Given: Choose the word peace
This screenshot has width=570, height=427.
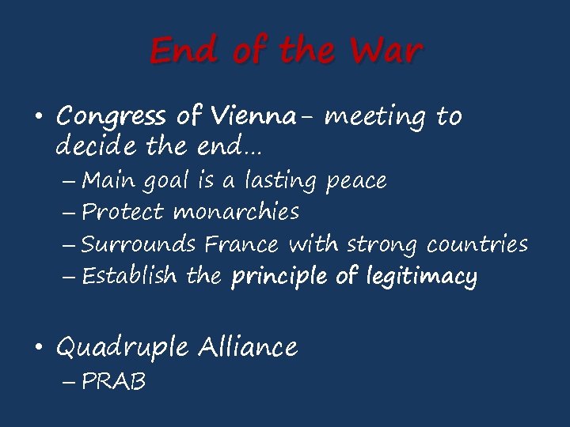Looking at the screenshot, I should pyautogui.click(x=356, y=182).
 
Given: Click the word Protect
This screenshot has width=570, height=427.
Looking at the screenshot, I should pyautogui.click(x=123, y=212).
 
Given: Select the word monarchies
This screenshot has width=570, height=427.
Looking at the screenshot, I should pyautogui.click(x=236, y=212).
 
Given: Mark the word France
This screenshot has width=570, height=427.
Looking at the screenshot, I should pyautogui.click(x=241, y=244).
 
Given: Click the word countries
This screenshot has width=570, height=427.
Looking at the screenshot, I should pyautogui.click(x=477, y=244).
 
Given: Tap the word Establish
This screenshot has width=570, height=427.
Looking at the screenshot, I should pyautogui.click(x=131, y=276).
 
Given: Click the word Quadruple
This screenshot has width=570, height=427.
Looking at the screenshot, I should pyautogui.click(x=123, y=347).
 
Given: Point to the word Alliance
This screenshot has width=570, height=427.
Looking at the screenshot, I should pyautogui.click(x=248, y=346).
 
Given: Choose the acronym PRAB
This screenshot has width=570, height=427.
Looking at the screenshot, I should pyautogui.click(x=114, y=382).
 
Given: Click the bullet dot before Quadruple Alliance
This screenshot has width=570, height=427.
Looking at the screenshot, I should pyautogui.click(x=39, y=347).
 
